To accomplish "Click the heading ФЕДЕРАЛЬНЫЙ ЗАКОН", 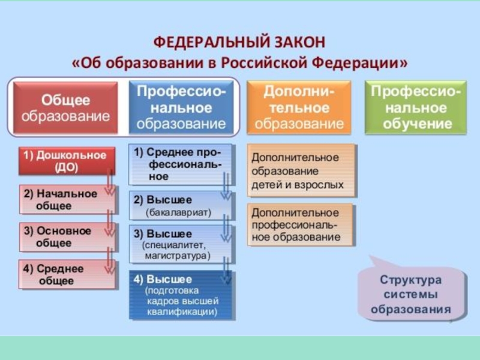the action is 239,43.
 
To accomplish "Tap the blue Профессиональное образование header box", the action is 182,108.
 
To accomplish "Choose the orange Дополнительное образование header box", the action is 299,108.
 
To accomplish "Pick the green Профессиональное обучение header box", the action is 416,108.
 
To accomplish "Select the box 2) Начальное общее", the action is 66,200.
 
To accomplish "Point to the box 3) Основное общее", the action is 66,237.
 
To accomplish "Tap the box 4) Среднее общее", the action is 66,275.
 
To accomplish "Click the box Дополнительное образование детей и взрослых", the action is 302,171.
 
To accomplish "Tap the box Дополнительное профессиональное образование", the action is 302,225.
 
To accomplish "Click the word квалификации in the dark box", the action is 182,312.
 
